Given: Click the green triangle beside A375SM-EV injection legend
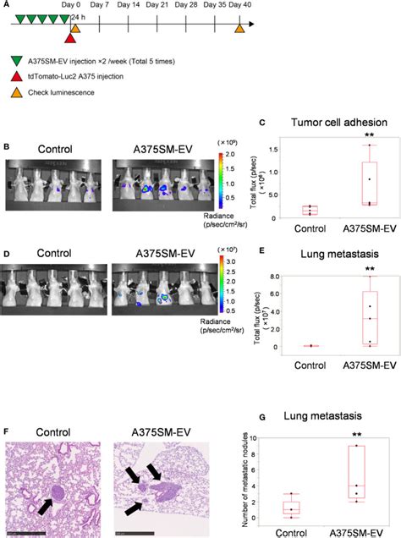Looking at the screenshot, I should (18, 62).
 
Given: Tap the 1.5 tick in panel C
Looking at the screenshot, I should (273, 149).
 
